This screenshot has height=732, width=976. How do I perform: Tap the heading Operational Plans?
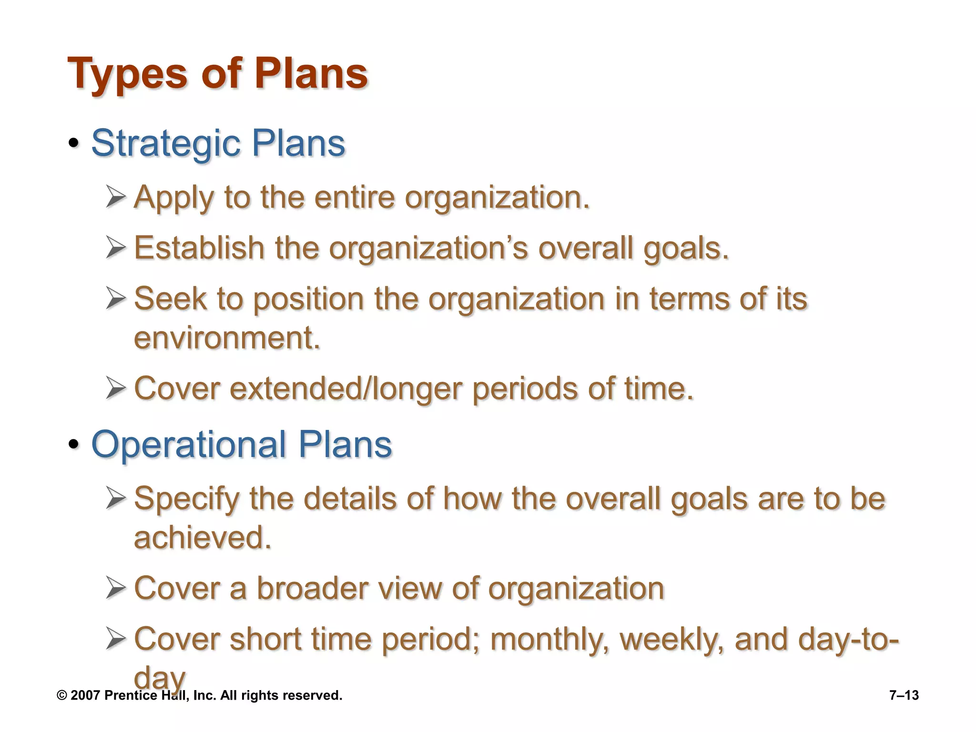[x=241, y=444]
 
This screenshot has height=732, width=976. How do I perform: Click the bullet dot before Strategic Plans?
[x=73, y=143]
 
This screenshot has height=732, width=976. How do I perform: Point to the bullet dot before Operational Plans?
[x=73, y=445]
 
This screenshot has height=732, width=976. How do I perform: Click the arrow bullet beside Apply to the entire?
[x=116, y=197]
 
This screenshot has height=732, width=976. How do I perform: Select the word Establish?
[x=199, y=248]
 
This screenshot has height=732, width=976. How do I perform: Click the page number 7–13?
[x=904, y=695]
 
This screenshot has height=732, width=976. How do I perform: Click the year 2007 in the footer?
[x=85, y=695]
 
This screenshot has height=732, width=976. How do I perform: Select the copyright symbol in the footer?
[x=61, y=695]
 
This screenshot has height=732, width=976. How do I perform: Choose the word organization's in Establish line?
[x=428, y=248]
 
